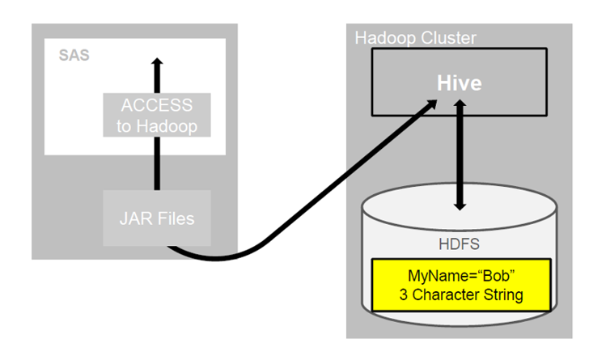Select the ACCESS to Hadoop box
[157, 115]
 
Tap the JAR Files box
[157, 218]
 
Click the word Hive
[459, 83]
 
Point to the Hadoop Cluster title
[416, 38]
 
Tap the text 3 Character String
[461, 294]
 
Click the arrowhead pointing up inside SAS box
[158, 64]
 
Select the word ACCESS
[157, 105]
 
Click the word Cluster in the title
[450, 38]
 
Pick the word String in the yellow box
[502, 294]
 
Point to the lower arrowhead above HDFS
[460, 204]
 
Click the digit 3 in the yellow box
[404, 294]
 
